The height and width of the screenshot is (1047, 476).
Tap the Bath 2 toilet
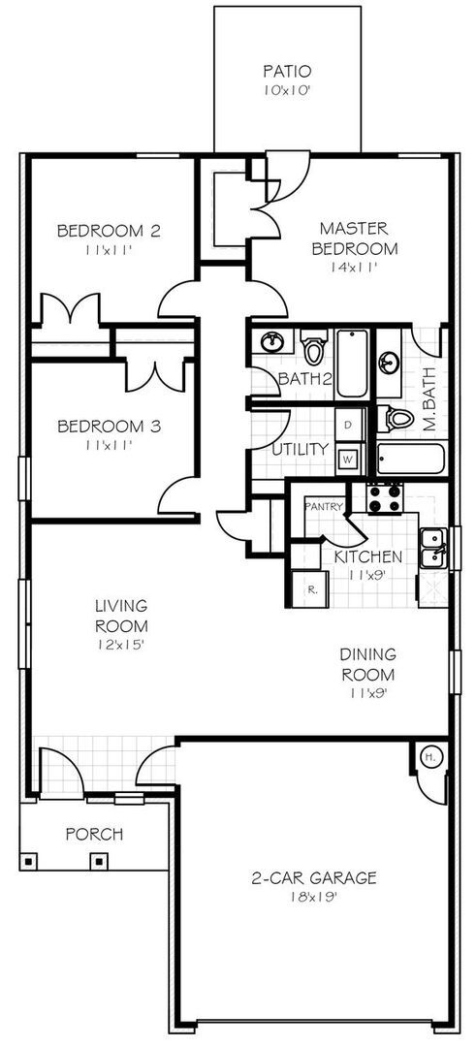[x=312, y=346]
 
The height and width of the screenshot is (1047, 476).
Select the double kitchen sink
[x=431, y=550]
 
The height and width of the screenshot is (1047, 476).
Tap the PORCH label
[x=94, y=834]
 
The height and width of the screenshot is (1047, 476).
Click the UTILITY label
[x=292, y=451]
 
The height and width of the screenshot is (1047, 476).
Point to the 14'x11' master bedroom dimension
[x=353, y=266]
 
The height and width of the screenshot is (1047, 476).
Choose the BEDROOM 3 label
[x=109, y=427]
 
